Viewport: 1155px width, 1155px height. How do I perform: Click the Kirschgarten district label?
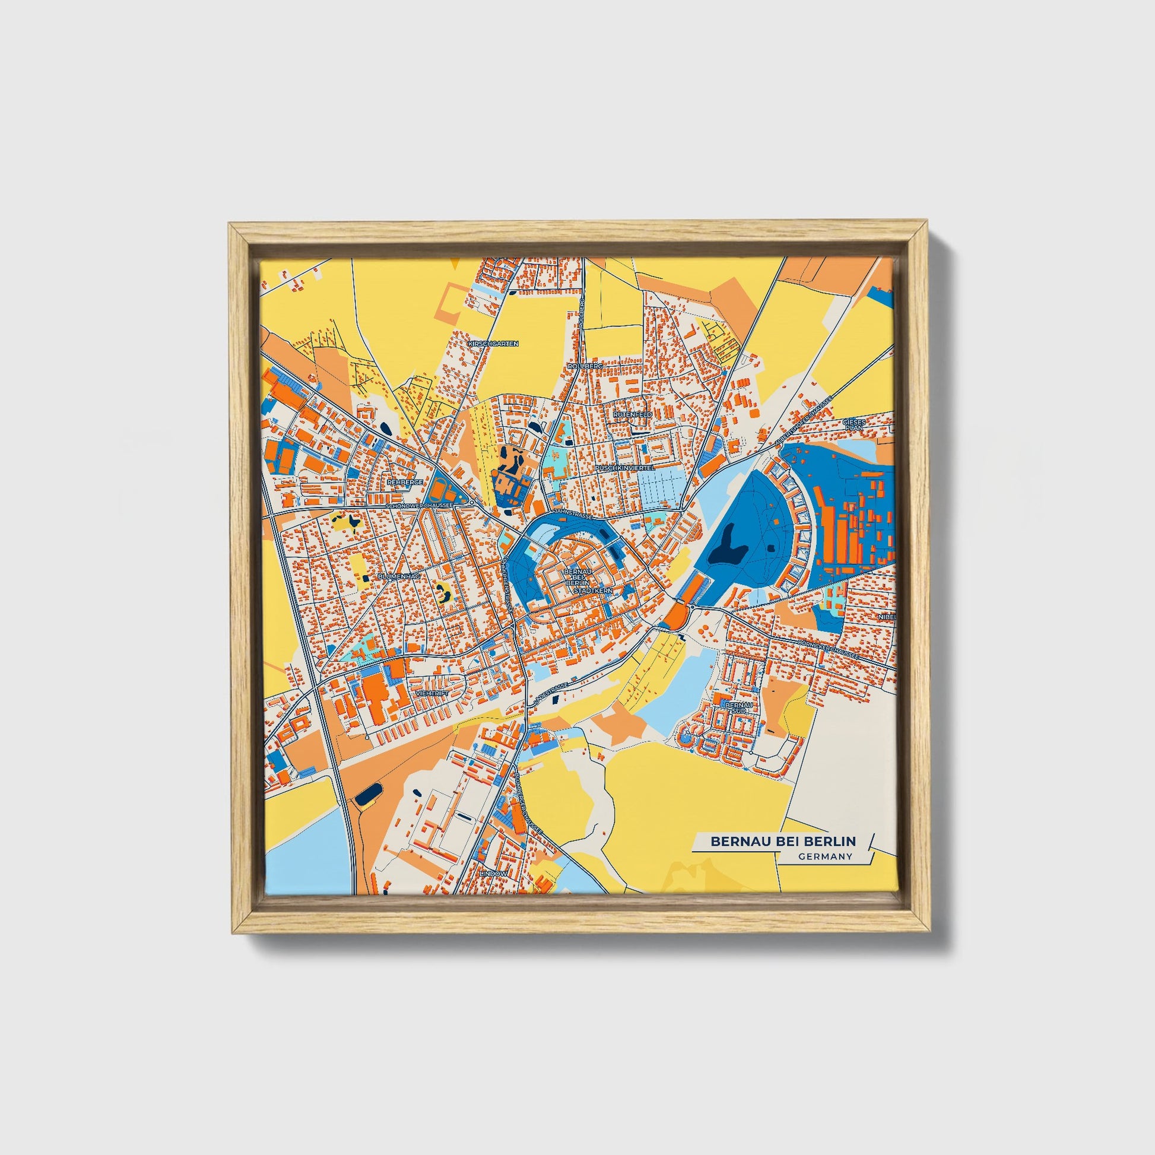[493, 344]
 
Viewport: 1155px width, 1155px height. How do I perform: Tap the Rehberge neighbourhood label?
[405, 481]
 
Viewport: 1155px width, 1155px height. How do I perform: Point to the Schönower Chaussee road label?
[421, 505]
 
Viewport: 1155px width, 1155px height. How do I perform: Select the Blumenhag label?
[399, 576]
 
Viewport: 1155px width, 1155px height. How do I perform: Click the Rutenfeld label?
[632, 414]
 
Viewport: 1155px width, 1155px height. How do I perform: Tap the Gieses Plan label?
[853, 424]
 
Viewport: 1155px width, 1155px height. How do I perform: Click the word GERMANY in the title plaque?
[824, 856]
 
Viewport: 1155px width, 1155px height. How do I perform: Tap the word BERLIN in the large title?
[830, 841]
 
